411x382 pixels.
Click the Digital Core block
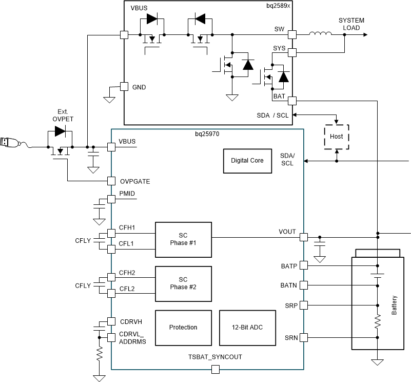[x=247, y=161]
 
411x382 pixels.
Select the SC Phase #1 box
[x=183, y=240]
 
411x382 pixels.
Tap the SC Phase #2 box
[x=183, y=283]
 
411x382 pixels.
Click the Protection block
[x=183, y=327]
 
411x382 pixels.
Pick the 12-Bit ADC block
[x=247, y=327]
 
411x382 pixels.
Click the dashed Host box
[x=336, y=137]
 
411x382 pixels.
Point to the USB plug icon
[x=10, y=142]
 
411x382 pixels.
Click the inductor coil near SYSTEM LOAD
[x=320, y=34]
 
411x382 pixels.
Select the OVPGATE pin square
[x=111, y=181]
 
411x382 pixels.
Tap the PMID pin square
[x=111, y=199]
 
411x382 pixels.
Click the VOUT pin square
[x=303, y=237]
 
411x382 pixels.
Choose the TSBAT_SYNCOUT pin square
[x=215, y=369]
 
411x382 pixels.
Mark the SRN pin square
[x=303, y=337]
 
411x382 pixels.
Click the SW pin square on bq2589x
[x=292, y=34]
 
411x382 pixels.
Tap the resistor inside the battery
[x=378, y=321]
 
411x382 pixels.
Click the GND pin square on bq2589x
[x=124, y=87]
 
